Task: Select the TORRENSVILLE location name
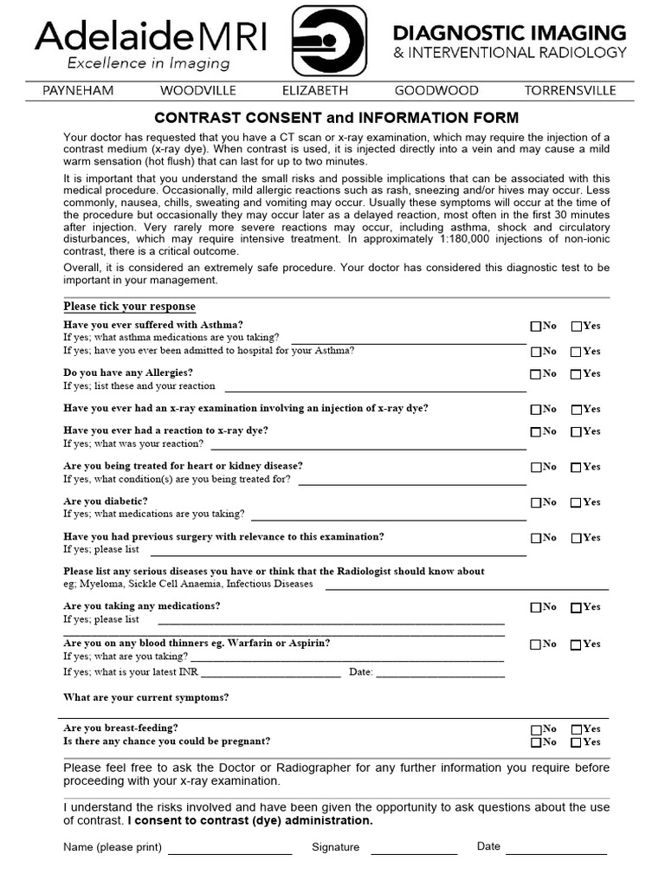click(x=570, y=90)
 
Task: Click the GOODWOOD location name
click(x=436, y=90)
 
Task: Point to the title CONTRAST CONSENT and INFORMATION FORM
click(x=337, y=117)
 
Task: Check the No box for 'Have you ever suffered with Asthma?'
click(x=536, y=327)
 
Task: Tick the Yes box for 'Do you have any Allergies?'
click(x=577, y=374)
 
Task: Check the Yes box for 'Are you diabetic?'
click(x=577, y=502)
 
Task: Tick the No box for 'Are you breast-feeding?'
click(x=536, y=729)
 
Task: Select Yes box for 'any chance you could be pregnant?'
click(x=577, y=742)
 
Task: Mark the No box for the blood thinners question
click(x=536, y=644)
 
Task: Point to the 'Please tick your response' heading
click(x=130, y=307)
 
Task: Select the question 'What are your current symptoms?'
click(x=146, y=697)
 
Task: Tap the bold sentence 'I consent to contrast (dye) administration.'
click(x=250, y=820)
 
